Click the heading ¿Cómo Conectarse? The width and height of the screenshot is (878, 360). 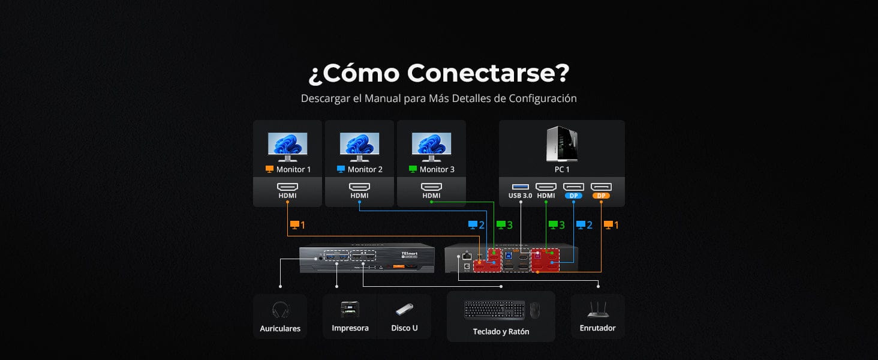tap(438, 73)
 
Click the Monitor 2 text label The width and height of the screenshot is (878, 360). tap(365, 169)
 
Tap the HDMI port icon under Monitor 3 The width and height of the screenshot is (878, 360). tap(431, 187)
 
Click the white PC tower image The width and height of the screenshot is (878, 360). tap(562, 143)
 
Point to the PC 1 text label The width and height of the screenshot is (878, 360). tap(562, 169)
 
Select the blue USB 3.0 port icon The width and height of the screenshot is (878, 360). tap(521, 187)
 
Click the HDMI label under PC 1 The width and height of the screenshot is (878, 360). tap(546, 196)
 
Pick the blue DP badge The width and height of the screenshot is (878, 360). tap(573, 196)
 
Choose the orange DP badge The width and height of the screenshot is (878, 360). tap(601, 196)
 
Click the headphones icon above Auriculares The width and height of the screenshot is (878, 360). tap(280, 310)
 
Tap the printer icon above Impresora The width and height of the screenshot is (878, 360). tap(350, 309)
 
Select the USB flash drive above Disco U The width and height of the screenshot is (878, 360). tap(404, 310)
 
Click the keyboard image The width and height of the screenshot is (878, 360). tap(494, 310)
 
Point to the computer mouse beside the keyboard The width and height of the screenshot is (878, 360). tap(534, 310)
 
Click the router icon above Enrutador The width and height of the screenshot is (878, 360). tap(597, 309)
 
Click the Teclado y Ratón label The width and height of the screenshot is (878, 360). tap(501, 331)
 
